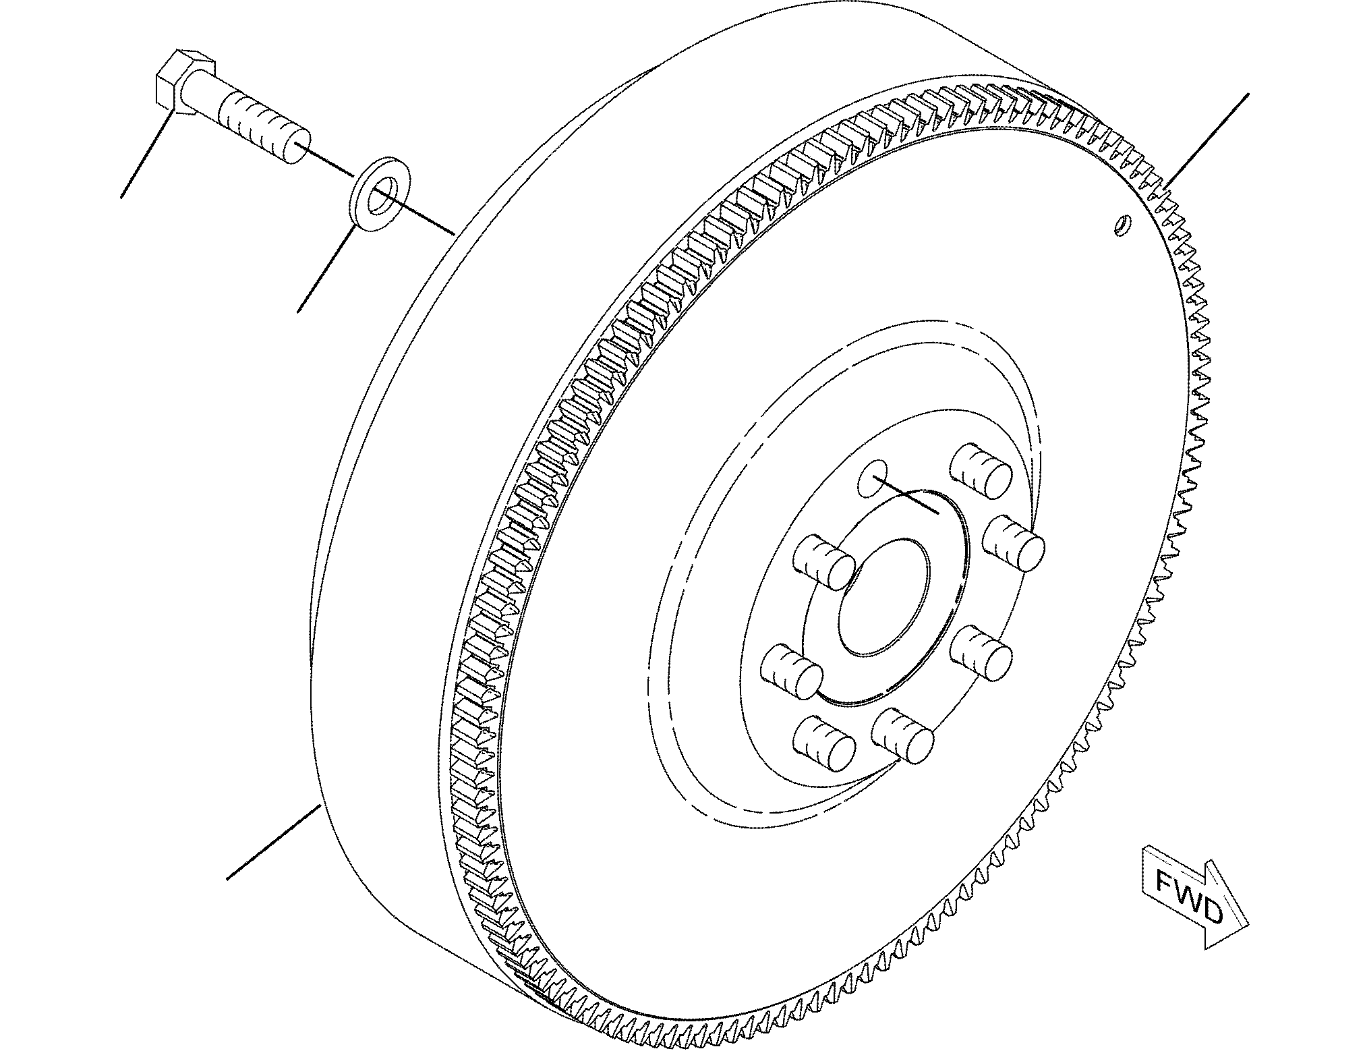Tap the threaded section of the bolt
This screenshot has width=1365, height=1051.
[x=260, y=129]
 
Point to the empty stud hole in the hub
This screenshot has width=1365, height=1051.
[x=875, y=478]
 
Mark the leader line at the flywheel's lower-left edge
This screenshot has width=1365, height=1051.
[x=273, y=843]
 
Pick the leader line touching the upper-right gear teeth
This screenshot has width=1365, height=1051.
[x=1206, y=140]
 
